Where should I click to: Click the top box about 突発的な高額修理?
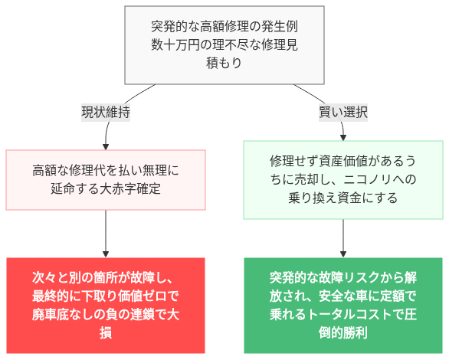224,45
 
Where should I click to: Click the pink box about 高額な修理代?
106,179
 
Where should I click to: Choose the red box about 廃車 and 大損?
106,304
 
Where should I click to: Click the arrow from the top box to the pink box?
107,134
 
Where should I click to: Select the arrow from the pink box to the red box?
106,234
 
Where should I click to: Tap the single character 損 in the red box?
106,332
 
